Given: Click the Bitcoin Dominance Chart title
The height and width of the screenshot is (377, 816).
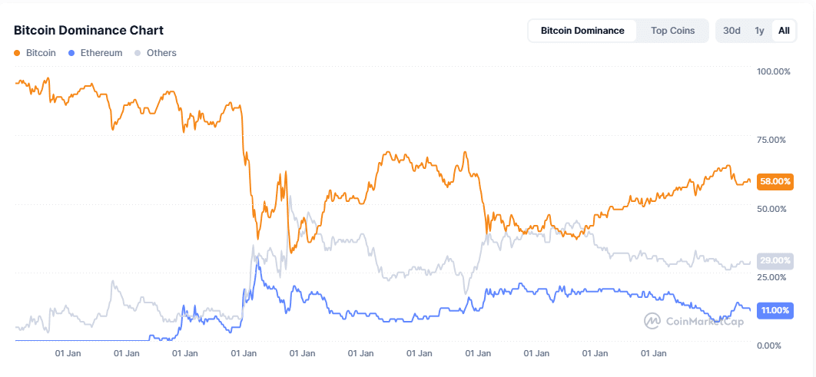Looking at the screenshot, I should (x=88, y=31).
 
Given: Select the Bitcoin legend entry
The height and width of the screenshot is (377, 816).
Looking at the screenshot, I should (x=41, y=53).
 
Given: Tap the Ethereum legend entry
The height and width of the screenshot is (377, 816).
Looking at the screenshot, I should (x=101, y=53).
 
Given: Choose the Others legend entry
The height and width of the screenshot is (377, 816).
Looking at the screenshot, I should (x=161, y=53).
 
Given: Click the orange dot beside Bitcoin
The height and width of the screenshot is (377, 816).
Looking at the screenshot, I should (x=18, y=53).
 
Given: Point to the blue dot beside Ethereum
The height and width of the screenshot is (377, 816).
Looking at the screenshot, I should (x=71, y=53).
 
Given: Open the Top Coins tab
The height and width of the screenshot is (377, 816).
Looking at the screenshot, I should (x=672, y=31).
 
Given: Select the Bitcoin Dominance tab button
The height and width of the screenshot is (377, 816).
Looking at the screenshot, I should (x=582, y=31).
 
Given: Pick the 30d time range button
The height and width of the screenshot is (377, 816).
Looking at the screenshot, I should (x=732, y=31).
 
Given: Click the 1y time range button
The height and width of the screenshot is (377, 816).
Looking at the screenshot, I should (x=759, y=31).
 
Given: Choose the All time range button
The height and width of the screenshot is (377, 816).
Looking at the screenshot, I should (x=784, y=31).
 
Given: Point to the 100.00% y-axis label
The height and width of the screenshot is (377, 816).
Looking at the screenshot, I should (x=774, y=71).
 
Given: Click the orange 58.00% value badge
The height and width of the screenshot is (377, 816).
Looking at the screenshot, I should (x=775, y=181).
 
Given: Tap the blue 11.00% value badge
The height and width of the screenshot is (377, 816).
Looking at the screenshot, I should (x=775, y=310).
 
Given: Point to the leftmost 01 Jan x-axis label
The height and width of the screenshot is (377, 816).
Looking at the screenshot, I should (x=68, y=354).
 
